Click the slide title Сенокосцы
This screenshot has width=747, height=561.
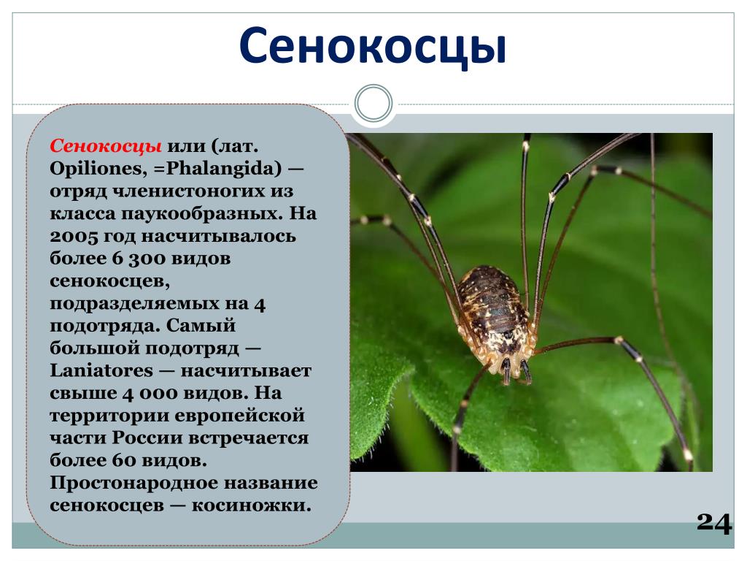click(x=372, y=47)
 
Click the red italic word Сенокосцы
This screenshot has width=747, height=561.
click(x=105, y=145)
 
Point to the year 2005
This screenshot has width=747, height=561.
click(x=74, y=236)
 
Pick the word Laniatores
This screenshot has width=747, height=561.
click(x=101, y=370)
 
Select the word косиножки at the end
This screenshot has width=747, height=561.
click(x=251, y=505)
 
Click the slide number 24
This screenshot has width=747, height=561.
click(x=714, y=523)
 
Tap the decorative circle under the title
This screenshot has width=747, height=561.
click(x=373, y=103)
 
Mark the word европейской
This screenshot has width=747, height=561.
click(x=240, y=416)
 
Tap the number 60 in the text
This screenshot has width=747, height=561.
click(x=125, y=460)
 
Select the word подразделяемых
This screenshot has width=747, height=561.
click(x=149, y=304)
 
